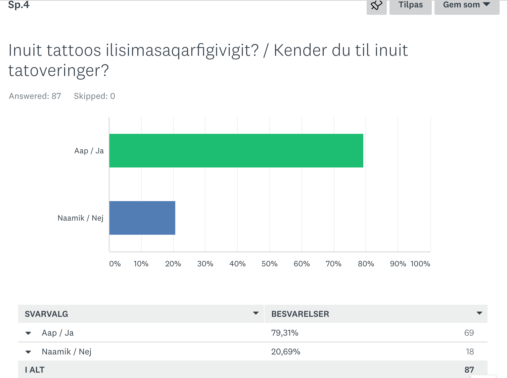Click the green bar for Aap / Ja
(x=236, y=151)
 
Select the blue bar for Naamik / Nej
(x=142, y=218)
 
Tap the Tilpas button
(x=410, y=5)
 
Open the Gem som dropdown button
(x=466, y=5)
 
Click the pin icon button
(x=376, y=6)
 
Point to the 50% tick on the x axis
(x=269, y=264)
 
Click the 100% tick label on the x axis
(x=420, y=264)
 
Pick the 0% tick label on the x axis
(x=115, y=264)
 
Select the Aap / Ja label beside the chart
(x=89, y=151)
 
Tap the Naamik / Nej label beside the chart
(x=81, y=218)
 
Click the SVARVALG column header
(x=46, y=314)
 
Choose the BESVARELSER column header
(x=300, y=314)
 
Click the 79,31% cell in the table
(x=285, y=333)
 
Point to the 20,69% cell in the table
(x=286, y=351)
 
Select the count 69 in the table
(x=469, y=333)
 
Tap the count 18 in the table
(x=470, y=351)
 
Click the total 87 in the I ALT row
(x=469, y=370)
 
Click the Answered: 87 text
(x=35, y=96)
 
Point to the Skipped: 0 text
(x=94, y=96)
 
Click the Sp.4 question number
(x=19, y=5)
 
